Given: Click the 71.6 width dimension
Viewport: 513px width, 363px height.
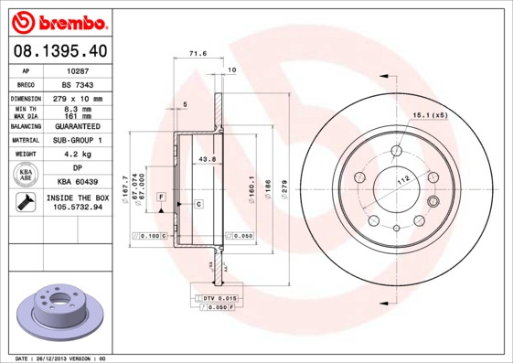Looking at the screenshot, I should tap(193, 54).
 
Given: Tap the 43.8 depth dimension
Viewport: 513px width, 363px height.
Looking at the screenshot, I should tap(206, 159).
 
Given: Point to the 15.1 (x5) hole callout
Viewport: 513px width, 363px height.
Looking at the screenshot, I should tap(429, 115).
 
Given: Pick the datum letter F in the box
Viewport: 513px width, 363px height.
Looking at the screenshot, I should tap(160, 198).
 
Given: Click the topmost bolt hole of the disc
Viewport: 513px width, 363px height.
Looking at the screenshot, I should tap(397, 151).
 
